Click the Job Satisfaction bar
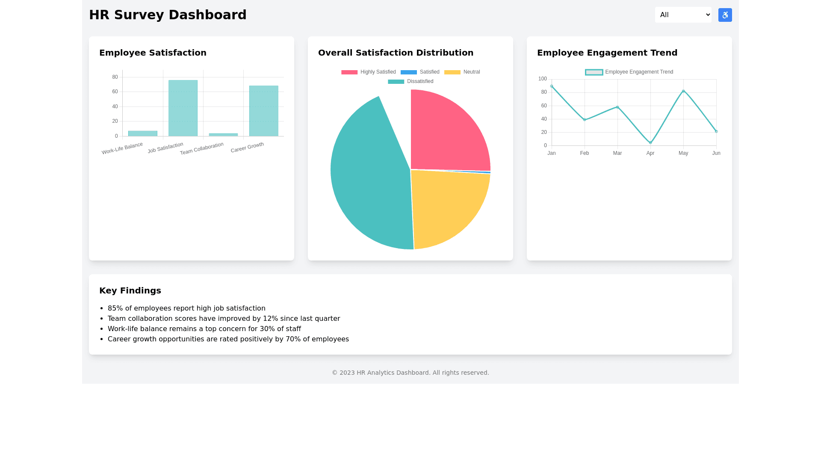coord(183,108)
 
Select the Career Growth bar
coord(264,111)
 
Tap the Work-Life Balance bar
coord(143,133)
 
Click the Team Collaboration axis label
coord(201,148)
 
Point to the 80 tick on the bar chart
coord(115,77)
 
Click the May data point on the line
coord(683,91)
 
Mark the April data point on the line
coord(650,143)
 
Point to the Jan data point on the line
coord(552,86)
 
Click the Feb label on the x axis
coord(585,153)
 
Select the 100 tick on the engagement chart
coord(543,79)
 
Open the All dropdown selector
coord(683,15)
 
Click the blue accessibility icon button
coord(725,15)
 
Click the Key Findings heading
coord(130,290)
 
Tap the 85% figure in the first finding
coord(115,308)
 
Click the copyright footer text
coord(410,373)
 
